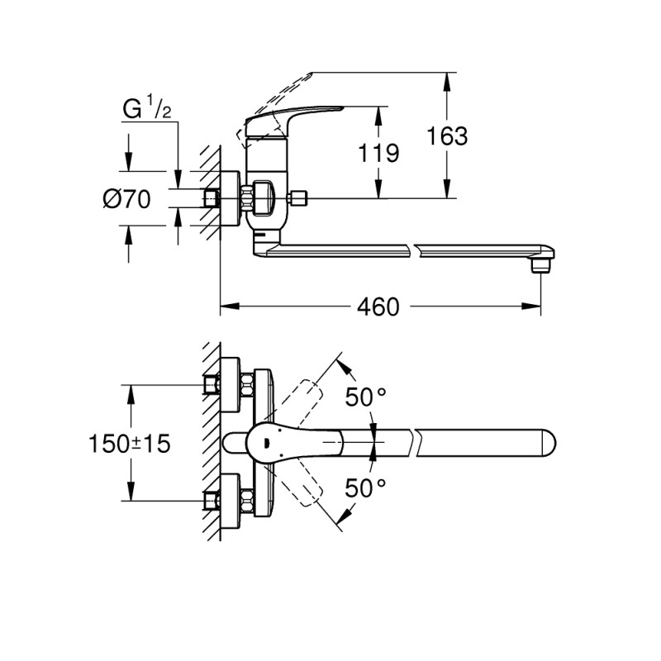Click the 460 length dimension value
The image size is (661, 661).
coord(378,307)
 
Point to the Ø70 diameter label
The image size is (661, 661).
coord(126,199)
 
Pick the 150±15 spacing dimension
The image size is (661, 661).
coord(129,444)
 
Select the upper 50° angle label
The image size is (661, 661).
coord(365,397)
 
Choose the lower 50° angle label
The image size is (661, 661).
coord(365,488)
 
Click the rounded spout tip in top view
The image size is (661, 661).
coord(549,444)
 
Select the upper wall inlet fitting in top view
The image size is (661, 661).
coord(212,385)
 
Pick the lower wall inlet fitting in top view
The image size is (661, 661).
coord(212,500)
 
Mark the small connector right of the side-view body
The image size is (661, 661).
coord(300,198)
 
